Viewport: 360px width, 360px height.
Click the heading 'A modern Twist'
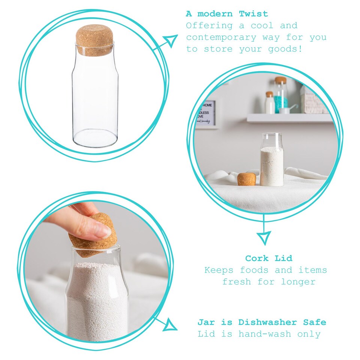coord(227,14)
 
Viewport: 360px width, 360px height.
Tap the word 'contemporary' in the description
coord(221,37)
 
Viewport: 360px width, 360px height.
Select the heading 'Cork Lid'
coord(268,258)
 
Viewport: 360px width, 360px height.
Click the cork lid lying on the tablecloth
coord(247,179)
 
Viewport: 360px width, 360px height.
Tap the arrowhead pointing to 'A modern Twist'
coord(171,40)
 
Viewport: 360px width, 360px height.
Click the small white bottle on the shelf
coord(270,103)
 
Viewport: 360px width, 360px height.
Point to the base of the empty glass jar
coord(95,139)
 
